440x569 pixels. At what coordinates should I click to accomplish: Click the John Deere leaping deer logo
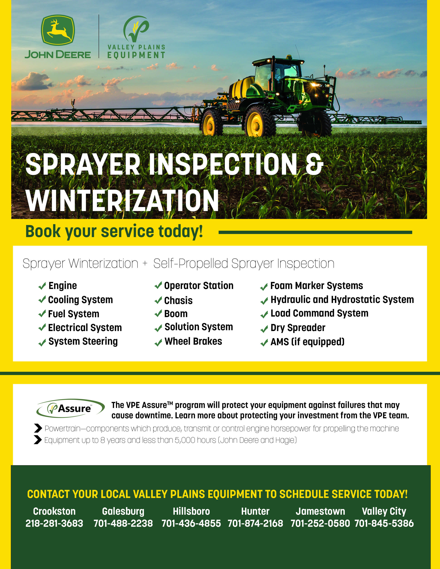[x=58, y=30]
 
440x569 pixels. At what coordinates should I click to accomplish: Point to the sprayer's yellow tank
[x=241, y=87]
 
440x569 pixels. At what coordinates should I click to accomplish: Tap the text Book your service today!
[x=114, y=231]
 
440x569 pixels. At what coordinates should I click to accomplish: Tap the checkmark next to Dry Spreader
[x=264, y=329]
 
